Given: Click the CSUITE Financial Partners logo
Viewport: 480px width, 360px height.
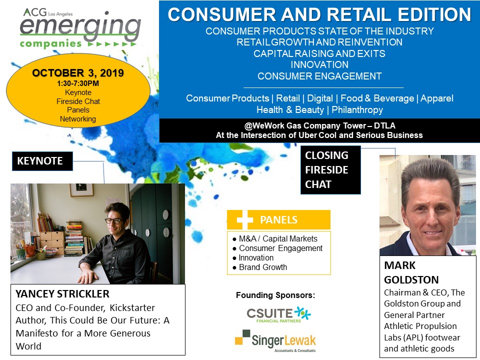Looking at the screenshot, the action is (278, 314).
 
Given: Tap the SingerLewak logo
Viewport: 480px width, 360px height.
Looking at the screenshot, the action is (275, 340).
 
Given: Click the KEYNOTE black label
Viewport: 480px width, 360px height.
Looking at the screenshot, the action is (42, 161).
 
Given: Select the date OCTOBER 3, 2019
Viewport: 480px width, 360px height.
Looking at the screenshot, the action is (78, 73).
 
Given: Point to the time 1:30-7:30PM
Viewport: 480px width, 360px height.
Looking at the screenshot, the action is (78, 83).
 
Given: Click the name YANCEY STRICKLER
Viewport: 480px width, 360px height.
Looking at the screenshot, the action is (62, 294).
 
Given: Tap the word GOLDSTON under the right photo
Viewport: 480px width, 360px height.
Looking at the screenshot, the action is (411, 280).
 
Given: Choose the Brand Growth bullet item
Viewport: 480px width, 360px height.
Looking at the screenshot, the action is (260, 267).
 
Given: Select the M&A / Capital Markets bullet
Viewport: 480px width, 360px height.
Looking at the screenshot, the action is (275, 238).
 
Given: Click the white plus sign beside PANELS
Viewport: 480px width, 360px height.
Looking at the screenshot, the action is (244, 219).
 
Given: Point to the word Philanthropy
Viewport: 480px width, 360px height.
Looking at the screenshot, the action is (357, 109).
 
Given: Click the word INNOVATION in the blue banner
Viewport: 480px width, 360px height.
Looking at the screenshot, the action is (319, 64).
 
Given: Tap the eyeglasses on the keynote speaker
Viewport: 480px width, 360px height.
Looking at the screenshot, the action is (114, 220).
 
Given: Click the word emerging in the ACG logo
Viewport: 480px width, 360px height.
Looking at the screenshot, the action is (80, 27).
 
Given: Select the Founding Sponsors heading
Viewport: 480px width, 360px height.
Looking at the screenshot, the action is (275, 295).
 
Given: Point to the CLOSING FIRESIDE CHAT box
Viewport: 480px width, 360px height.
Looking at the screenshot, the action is (330, 170).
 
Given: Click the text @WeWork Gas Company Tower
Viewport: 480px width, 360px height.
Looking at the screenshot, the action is (305, 125).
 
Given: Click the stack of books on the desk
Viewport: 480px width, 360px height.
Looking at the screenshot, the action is (74, 237).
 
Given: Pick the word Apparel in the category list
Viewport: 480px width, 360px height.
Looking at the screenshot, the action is (437, 98).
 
